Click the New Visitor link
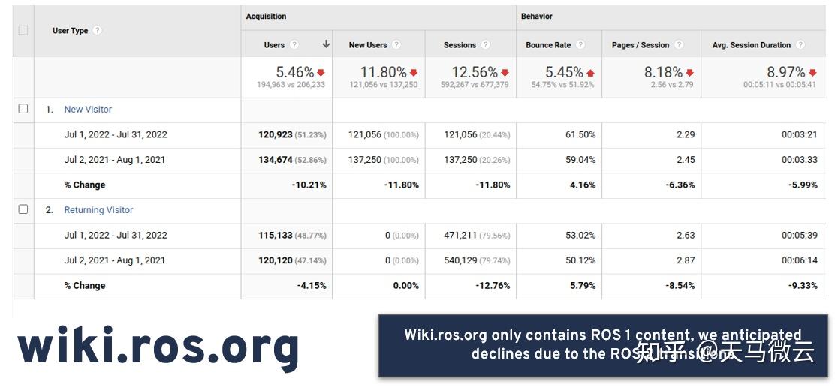tap(88, 110)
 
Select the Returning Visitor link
tap(98, 210)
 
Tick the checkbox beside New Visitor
tap(23, 109)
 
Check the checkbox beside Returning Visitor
tap(23, 209)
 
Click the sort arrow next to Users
tap(326, 44)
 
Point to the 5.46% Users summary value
tap(294, 72)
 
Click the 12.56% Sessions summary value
tap(474, 72)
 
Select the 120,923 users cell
tap(276, 135)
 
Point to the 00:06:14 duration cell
tap(799, 260)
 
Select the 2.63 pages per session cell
tap(685, 235)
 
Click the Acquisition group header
tap(266, 17)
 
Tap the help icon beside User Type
tap(98, 31)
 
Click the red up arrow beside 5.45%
tap(590, 73)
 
